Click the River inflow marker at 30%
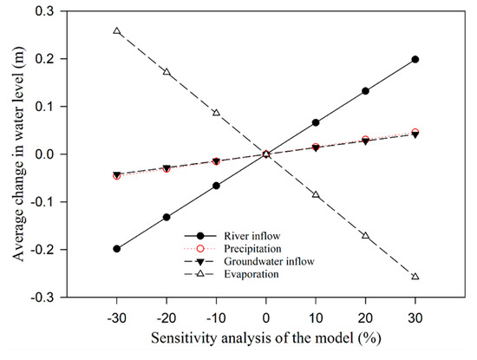click(415, 59)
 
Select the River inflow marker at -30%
click(117, 249)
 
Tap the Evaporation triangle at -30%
click(117, 31)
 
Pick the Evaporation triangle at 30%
click(415, 277)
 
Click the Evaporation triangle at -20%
click(167, 72)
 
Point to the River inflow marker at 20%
click(365, 91)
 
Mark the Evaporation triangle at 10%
click(316, 195)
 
